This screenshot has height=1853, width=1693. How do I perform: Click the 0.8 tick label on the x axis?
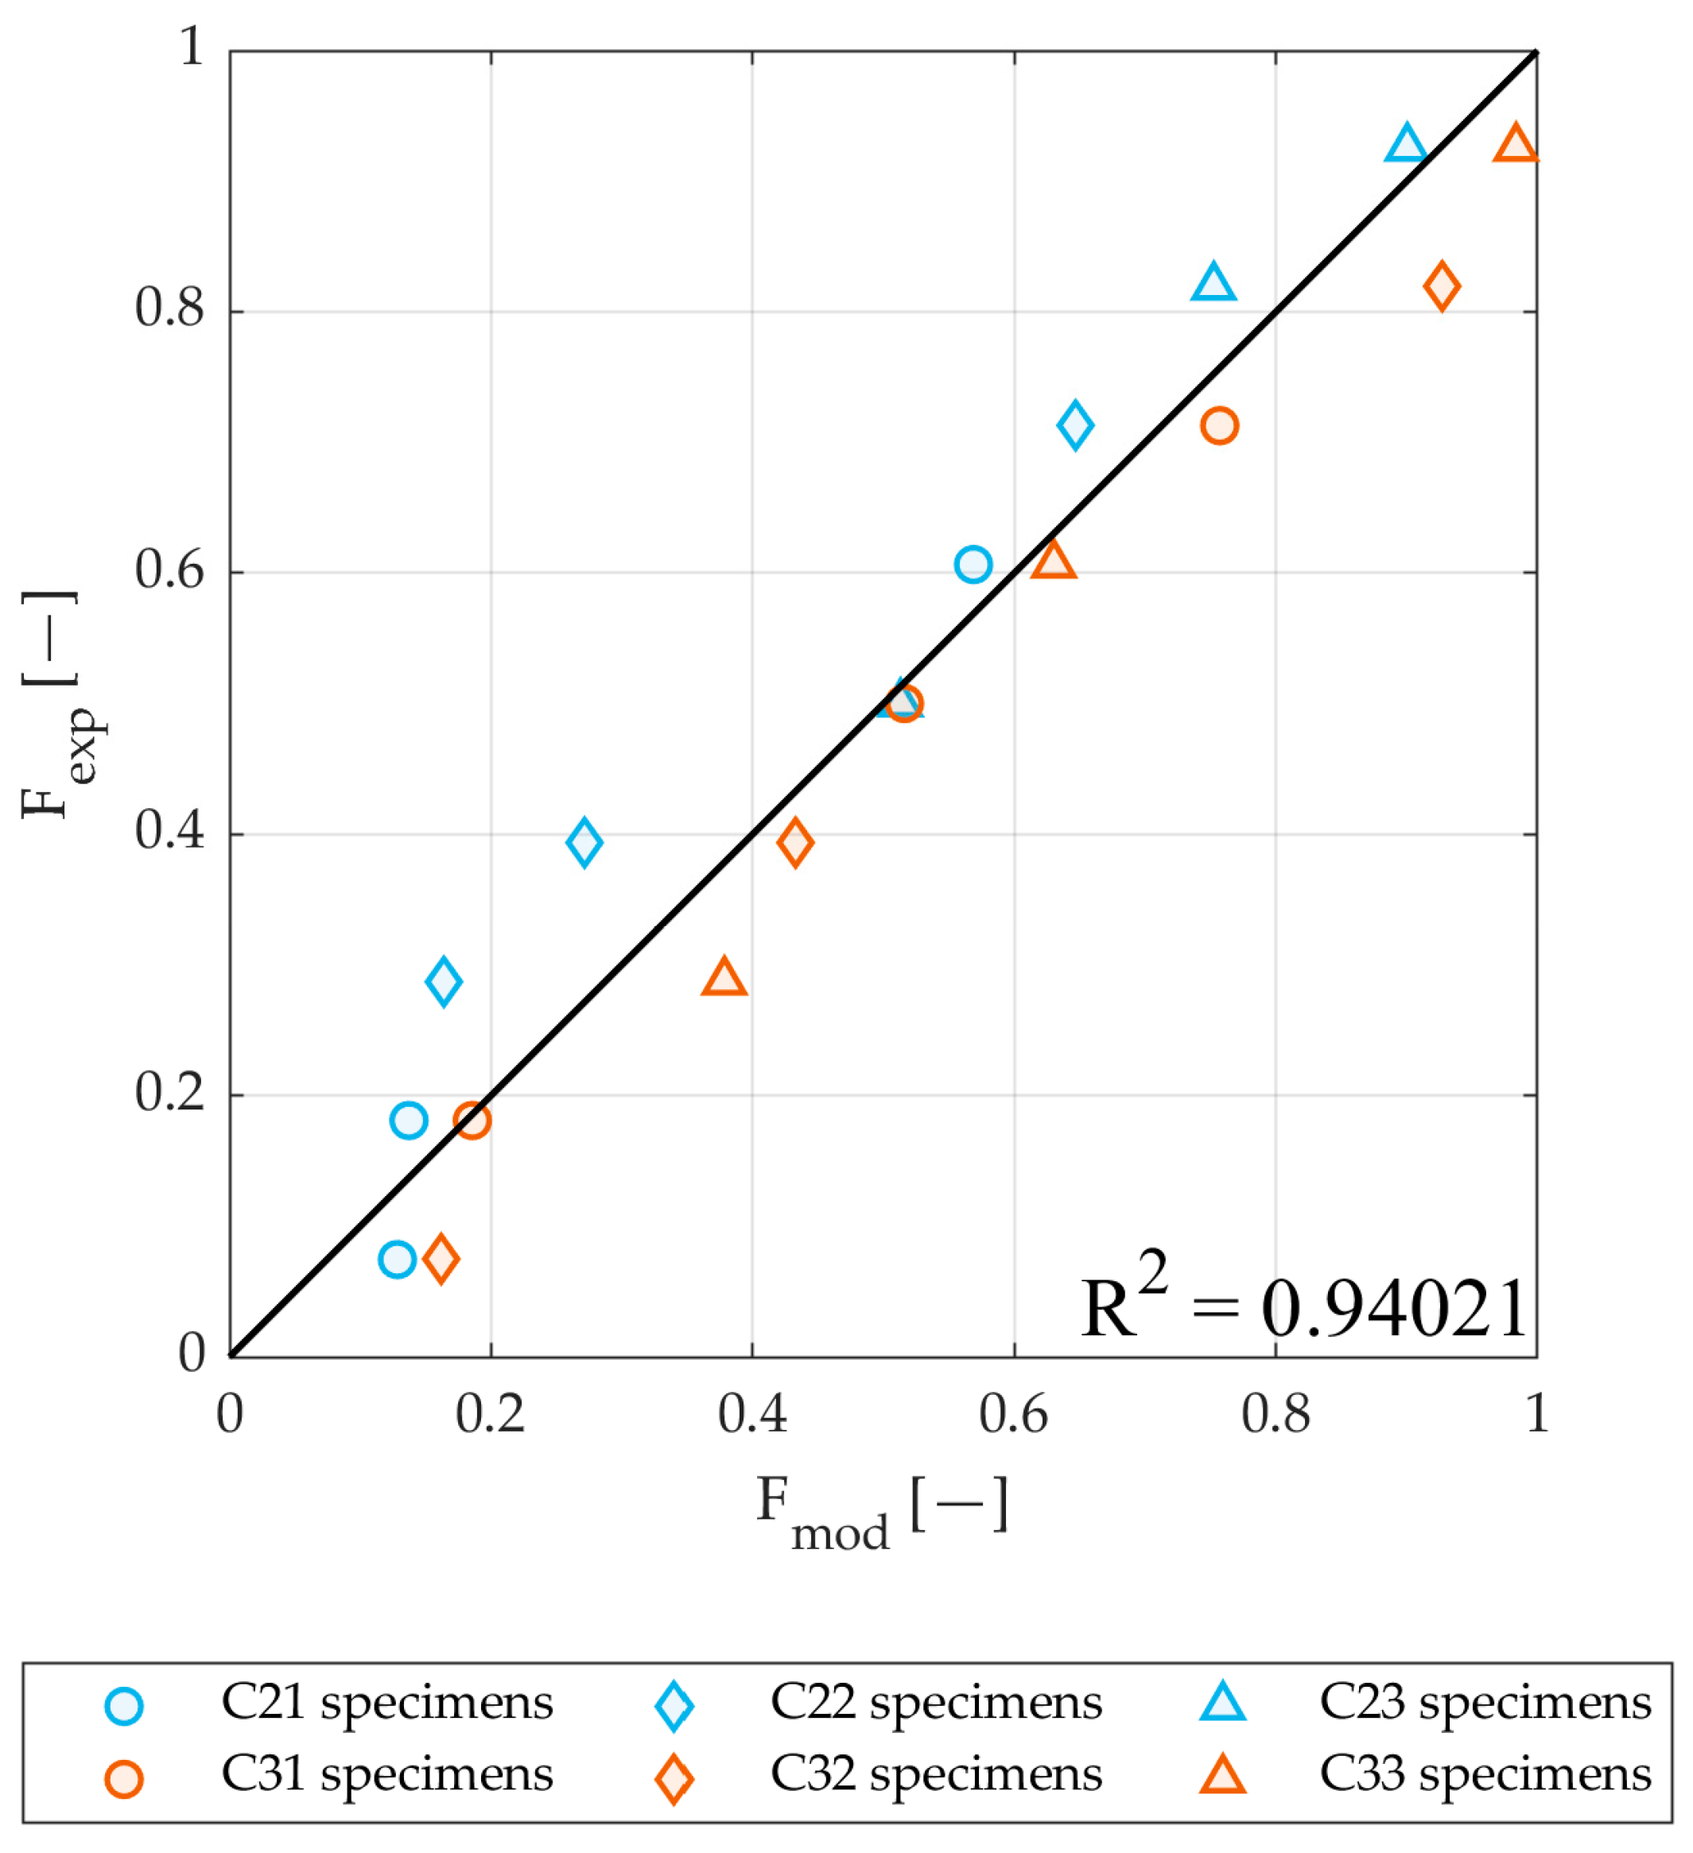[x=1275, y=1415]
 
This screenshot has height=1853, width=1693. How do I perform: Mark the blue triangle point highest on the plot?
[x=1405, y=146]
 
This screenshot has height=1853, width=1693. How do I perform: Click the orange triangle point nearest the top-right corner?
[x=1515, y=146]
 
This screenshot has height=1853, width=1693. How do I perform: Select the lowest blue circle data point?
[x=396, y=1259]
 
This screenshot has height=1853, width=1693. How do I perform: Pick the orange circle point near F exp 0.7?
[x=1219, y=425]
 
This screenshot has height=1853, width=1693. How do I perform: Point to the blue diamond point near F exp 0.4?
[x=584, y=842]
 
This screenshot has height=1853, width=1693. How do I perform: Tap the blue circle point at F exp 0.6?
[x=973, y=565]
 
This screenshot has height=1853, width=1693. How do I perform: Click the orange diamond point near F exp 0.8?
[x=1441, y=286]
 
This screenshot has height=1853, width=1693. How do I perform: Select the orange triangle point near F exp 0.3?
[x=724, y=978]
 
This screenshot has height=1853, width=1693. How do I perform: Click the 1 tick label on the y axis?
[x=191, y=47]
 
